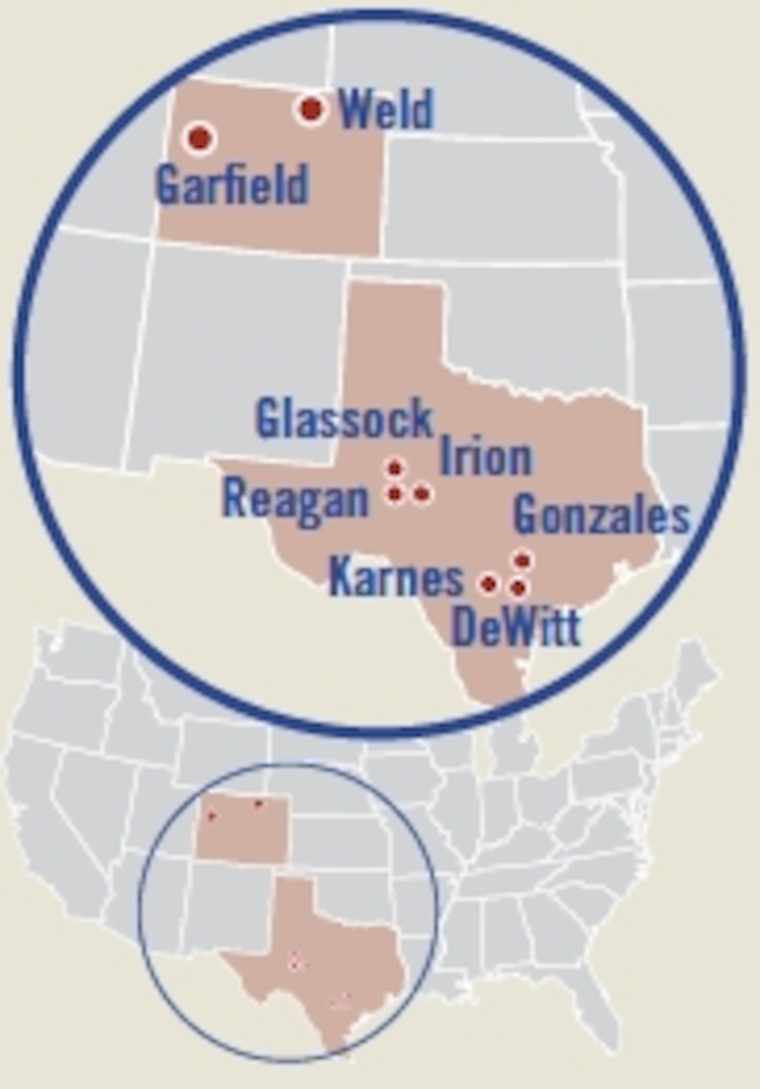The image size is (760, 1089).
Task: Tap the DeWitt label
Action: tap(516, 627)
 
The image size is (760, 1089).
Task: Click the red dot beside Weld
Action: tap(312, 109)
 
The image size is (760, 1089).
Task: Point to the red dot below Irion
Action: tap(422, 494)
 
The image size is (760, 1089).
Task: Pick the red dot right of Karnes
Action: tap(489, 584)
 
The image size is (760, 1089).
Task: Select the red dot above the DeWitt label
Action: tap(518, 588)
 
